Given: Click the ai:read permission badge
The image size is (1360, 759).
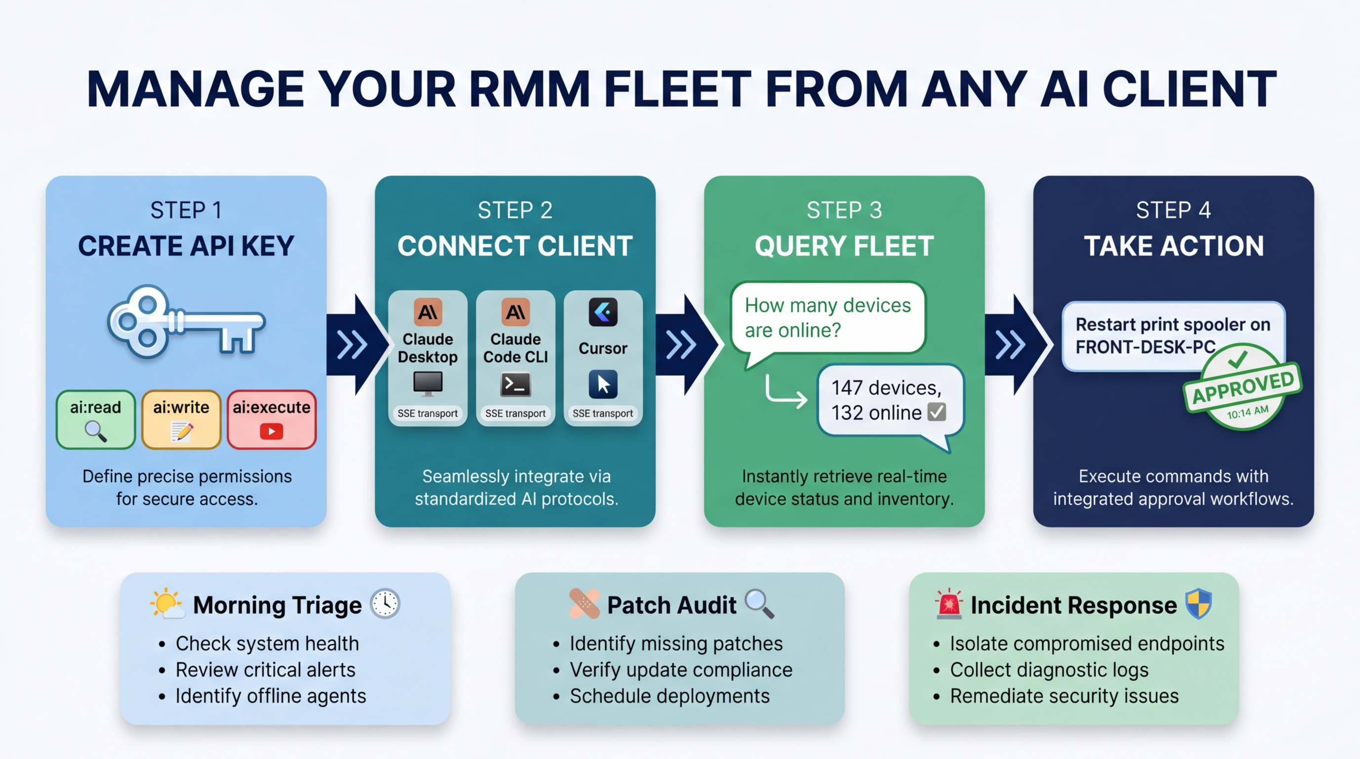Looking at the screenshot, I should [95, 419].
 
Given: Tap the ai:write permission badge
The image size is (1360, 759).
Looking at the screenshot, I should [181, 419].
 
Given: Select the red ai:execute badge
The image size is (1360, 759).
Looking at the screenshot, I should [271, 419].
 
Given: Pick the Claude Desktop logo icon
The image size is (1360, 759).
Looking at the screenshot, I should [427, 312].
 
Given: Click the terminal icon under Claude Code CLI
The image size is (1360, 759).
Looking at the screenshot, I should [515, 384].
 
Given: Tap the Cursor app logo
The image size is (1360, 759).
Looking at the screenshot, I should [603, 312].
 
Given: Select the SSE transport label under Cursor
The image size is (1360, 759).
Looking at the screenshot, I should [603, 413].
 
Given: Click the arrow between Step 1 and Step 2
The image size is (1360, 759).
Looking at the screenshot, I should [353, 345].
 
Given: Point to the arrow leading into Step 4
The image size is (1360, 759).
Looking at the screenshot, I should [1011, 345].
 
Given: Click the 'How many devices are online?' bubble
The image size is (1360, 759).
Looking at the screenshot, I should [828, 318].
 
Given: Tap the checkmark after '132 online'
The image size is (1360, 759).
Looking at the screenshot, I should [937, 412].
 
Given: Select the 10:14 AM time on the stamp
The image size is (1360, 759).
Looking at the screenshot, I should [1247, 413].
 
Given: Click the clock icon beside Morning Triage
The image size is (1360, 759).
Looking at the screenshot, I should [385, 603].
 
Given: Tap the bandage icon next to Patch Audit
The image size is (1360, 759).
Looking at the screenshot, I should [585, 603].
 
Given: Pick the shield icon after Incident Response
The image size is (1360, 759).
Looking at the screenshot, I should [1198, 603].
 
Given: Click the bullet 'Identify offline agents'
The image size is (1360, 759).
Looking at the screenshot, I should [270, 696].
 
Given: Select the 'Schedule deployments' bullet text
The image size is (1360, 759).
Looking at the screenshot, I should [670, 696].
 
